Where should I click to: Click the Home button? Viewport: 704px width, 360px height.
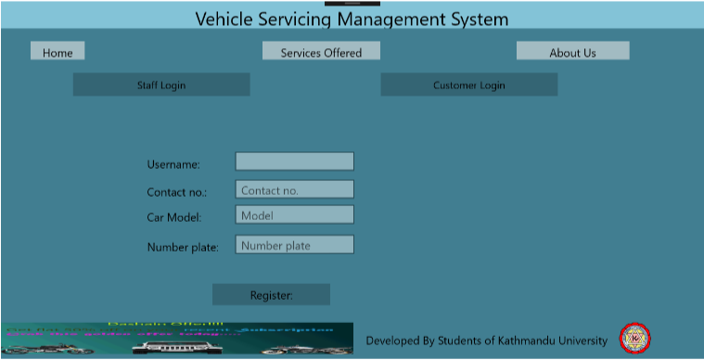[58, 52]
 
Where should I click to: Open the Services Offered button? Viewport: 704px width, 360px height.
[321, 52]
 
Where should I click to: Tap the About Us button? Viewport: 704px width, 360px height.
[572, 52]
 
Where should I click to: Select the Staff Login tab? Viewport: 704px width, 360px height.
[161, 85]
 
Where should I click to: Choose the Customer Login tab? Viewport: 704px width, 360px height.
[468, 85]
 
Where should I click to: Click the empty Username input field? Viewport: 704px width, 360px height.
[294, 161]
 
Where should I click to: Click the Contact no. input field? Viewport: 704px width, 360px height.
[294, 190]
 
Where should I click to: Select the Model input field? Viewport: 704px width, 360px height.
[294, 215]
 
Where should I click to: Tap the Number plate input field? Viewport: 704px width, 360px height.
[294, 246]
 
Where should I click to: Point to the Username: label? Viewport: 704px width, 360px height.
[173, 164]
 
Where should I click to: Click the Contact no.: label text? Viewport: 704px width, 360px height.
[176, 193]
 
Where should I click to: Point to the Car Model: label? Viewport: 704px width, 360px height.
[173, 218]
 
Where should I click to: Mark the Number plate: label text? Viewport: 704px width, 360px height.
[183, 248]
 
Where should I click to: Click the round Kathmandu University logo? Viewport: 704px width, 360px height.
[634, 339]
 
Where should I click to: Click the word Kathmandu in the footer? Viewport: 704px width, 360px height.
[517, 341]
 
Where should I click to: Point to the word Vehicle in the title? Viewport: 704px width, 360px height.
[226, 19]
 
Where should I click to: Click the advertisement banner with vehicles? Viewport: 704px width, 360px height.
[176, 339]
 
